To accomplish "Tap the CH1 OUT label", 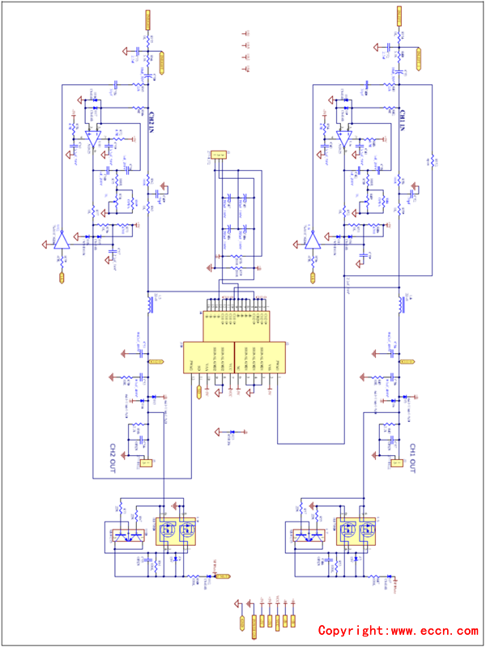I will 411,455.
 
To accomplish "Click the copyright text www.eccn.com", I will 398,630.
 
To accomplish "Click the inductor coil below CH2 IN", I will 150,304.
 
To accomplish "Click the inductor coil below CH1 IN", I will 402,304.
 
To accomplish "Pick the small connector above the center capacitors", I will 219,154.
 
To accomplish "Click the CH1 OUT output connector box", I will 399,463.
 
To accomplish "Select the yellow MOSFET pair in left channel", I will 177,532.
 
